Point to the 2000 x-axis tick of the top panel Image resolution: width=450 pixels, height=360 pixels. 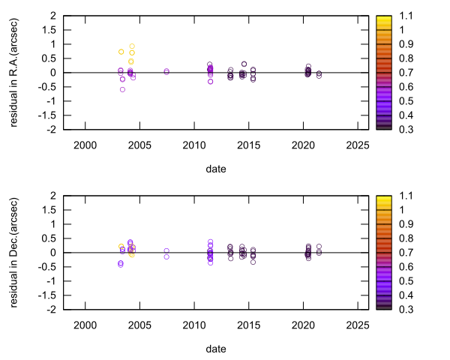click(85, 145)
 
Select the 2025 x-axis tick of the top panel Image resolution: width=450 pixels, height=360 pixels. click(358, 145)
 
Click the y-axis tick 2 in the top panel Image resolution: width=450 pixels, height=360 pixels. click(55, 16)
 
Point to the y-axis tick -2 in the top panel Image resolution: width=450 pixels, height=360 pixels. click(53, 130)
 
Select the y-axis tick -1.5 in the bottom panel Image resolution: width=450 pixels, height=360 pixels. click(49, 295)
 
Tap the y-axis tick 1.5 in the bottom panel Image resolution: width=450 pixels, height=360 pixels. click(52, 210)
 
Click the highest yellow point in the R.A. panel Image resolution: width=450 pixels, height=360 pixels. click(132, 46)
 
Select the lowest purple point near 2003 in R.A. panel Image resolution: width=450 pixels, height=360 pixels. click(122, 90)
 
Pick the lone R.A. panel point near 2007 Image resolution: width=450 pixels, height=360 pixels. click(166, 71)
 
